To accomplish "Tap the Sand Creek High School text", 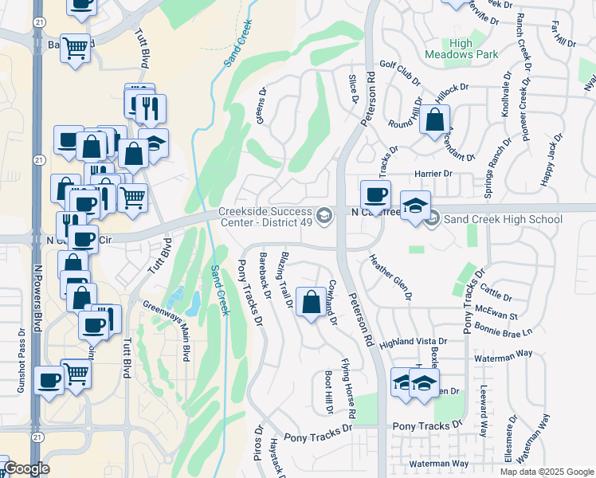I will coord(492,218).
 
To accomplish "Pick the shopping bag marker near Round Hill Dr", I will coord(434,121).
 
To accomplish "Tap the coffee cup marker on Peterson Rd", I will coord(375,194).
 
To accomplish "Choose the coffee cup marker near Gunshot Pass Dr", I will coord(49,381).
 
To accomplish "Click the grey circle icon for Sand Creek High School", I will coord(432,218).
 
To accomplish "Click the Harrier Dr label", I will coord(433,173).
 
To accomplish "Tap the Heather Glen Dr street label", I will coord(390,276).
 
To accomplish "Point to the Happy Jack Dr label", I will coord(551,160).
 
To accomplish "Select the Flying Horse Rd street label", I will coord(347,389).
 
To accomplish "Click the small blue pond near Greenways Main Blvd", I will coord(194,302).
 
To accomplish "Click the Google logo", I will coord(27,468).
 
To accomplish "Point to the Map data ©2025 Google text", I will coord(546,471).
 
